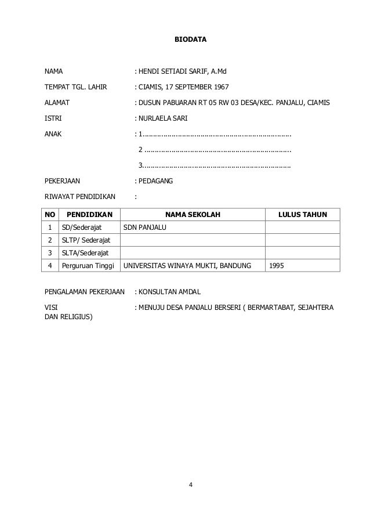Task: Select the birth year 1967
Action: [x=221, y=87]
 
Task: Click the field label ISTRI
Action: [x=53, y=118]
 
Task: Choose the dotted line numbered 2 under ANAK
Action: [x=215, y=150]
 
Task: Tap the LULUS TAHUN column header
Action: [x=302, y=215]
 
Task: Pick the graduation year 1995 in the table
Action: [x=277, y=266]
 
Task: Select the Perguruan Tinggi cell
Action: [x=88, y=266]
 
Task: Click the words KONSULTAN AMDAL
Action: [x=169, y=291]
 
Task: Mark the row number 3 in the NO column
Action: [x=50, y=253]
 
